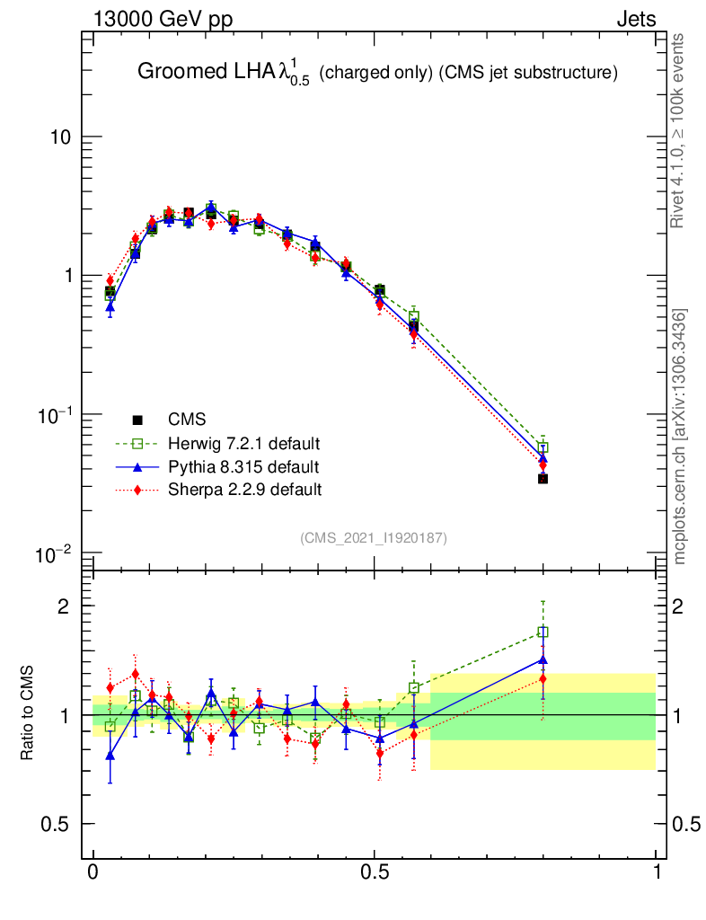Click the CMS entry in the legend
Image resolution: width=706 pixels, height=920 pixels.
click(x=187, y=420)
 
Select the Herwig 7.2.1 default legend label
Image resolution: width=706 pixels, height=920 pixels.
click(x=243, y=444)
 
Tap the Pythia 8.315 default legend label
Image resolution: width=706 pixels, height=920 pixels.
click(x=243, y=467)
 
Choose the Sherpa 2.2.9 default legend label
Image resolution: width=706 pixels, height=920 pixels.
click(x=244, y=491)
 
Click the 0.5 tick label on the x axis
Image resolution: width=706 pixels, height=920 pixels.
click(x=375, y=872)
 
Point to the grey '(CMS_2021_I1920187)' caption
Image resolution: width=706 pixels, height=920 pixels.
click(x=373, y=537)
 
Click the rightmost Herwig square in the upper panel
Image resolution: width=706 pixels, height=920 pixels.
click(x=543, y=447)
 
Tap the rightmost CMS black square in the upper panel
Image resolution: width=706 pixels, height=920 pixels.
click(x=543, y=479)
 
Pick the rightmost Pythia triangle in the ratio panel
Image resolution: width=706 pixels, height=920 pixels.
click(x=543, y=660)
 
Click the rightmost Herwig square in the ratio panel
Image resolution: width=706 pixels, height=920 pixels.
click(x=543, y=632)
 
